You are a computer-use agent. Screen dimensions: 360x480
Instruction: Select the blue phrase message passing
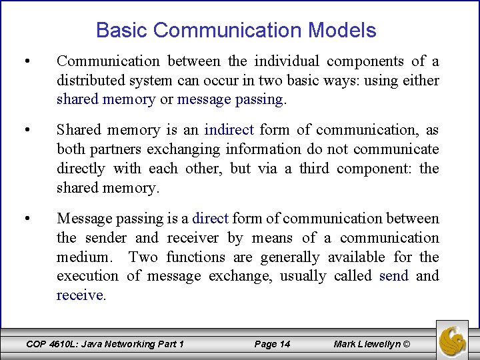[x=231, y=99]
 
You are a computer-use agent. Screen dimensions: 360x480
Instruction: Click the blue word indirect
[x=229, y=130]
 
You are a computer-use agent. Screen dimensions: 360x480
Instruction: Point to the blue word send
[x=393, y=276]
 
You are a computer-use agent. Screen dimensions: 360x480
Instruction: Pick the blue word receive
[x=80, y=295]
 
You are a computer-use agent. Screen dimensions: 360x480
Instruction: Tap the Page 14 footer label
[x=272, y=344]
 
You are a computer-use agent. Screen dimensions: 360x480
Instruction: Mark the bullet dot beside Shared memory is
[x=26, y=131]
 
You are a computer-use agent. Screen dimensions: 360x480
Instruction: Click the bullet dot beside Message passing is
[x=26, y=219]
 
